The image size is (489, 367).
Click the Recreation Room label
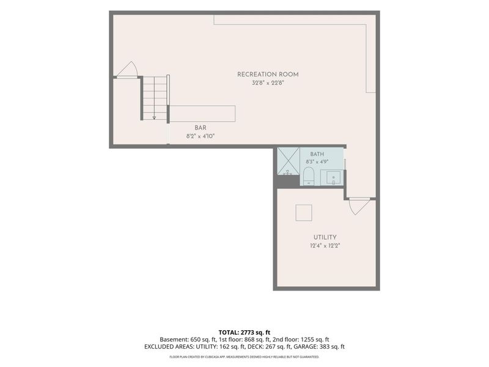(268, 74)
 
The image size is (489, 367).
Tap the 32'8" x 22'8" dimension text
(268, 83)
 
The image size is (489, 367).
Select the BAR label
(200, 128)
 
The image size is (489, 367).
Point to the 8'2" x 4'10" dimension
(200, 136)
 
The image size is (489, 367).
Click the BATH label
(317, 154)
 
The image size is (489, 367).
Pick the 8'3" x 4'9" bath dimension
(317, 162)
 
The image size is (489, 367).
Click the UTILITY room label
(325, 237)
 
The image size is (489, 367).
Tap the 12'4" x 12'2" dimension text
(325, 246)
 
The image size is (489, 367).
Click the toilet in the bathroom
(309, 176)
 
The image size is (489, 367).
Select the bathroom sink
(334, 178)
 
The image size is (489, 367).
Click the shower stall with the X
(289, 161)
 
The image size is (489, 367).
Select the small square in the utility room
(304, 213)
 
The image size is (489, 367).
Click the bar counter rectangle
(202, 114)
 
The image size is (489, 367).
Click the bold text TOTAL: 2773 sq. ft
(244, 332)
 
